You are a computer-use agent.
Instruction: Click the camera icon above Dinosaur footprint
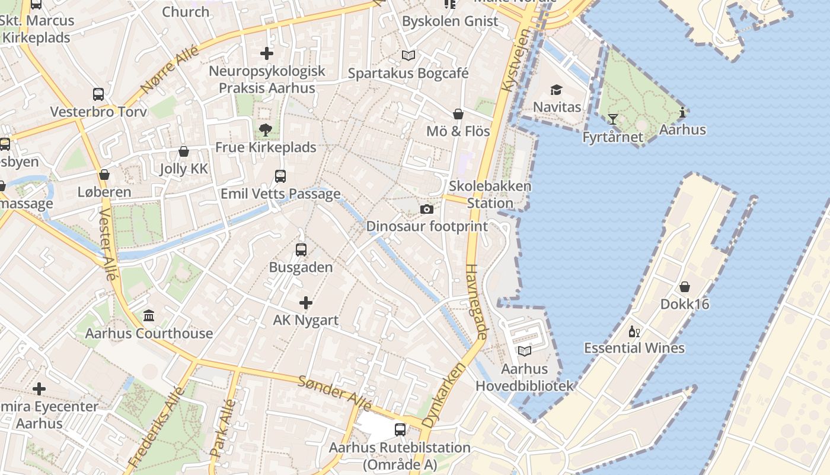(426, 209)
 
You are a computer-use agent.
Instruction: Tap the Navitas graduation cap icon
(556, 90)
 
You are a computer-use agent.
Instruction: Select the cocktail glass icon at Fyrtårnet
(612, 120)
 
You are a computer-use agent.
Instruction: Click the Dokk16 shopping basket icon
(685, 287)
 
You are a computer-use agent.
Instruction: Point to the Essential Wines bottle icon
(634, 331)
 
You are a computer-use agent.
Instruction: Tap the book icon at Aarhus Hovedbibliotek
(524, 351)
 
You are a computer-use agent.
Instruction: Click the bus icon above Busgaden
(301, 250)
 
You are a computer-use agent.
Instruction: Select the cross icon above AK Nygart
(305, 303)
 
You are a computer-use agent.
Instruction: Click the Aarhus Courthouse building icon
(149, 316)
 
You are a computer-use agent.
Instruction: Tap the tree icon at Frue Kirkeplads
(265, 130)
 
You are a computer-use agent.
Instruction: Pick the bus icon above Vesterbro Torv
(98, 94)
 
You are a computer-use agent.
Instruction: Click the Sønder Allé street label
(335, 393)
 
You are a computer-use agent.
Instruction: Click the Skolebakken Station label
(490, 194)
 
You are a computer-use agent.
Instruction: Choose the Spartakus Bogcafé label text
(408, 74)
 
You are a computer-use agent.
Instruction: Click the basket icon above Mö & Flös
(458, 114)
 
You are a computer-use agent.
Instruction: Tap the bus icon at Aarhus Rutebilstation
(400, 430)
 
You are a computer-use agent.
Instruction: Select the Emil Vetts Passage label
(280, 194)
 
